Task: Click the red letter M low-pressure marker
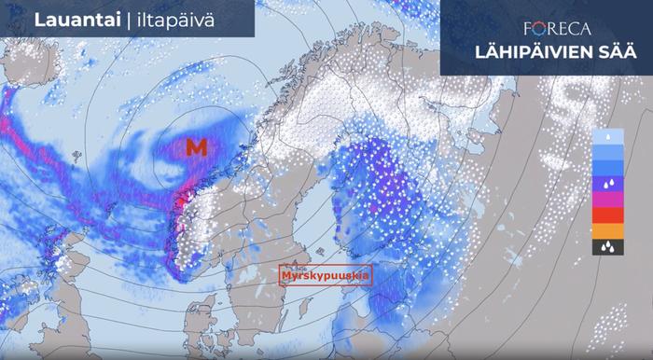pos(196,146)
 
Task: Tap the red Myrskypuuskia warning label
pos(326,276)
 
